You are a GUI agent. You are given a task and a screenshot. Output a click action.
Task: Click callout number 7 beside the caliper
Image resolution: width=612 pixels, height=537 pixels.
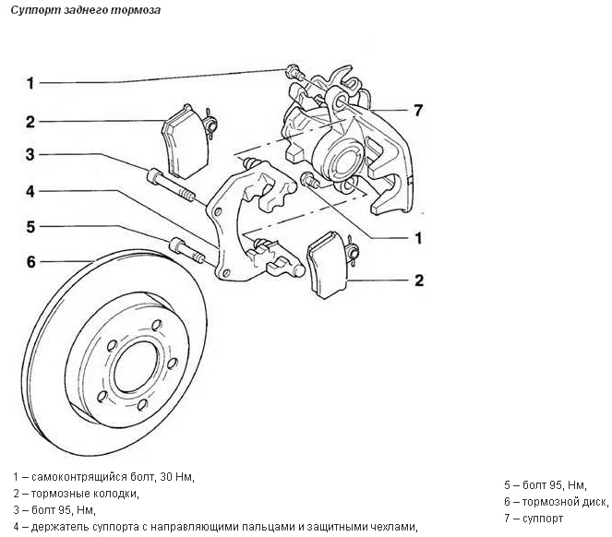pyautogui.click(x=417, y=111)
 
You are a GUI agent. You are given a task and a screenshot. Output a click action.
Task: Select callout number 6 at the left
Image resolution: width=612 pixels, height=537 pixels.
pyautogui.click(x=30, y=262)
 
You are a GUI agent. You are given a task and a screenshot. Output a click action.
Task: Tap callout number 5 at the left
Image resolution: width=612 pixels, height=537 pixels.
pyautogui.click(x=30, y=225)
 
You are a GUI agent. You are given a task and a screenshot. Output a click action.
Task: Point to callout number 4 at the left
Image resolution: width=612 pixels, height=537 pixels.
pyautogui.click(x=30, y=191)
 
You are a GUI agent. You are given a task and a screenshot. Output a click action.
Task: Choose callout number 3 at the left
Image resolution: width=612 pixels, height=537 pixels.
pyautogui.click(x=30, y=154)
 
